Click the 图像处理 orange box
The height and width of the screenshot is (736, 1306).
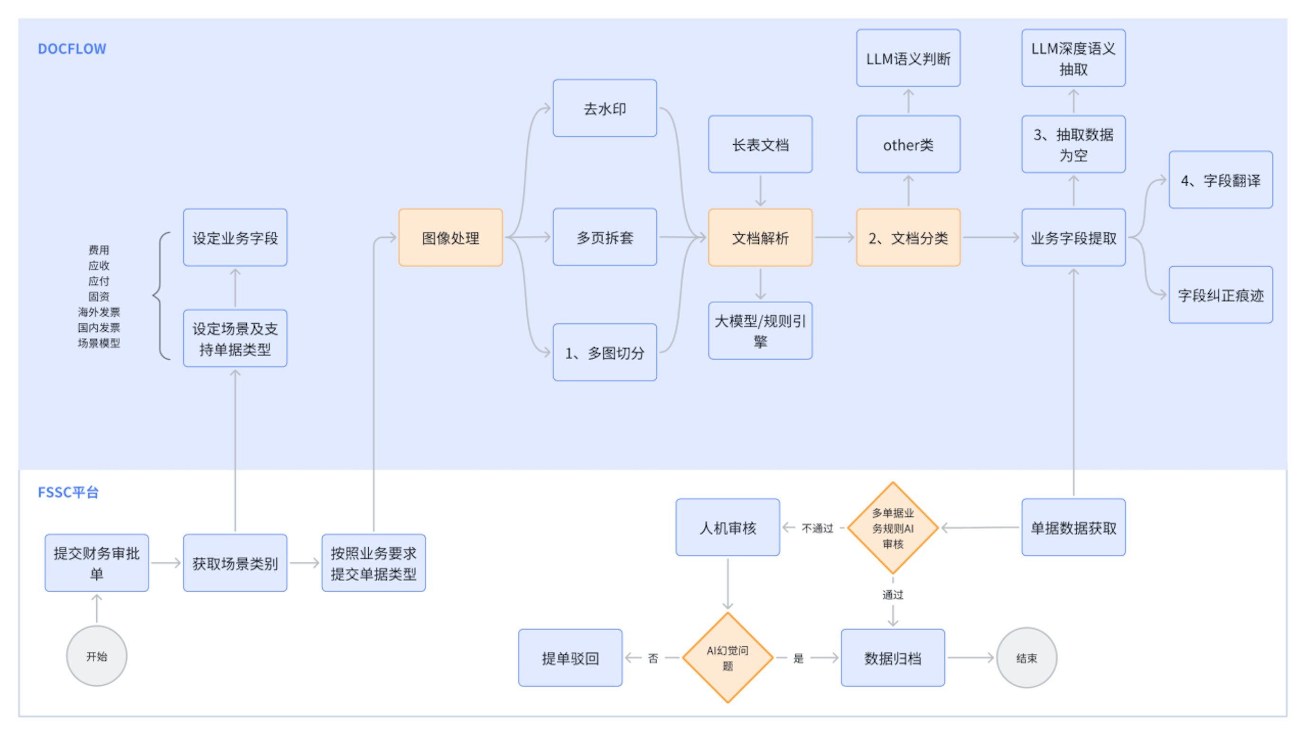point(450,237)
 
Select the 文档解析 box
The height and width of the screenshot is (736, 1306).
point(760,237)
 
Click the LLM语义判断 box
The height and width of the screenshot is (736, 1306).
point(908,58)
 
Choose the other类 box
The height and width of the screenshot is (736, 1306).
point(908,144)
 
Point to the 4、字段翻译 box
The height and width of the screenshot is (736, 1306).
point(1220,180)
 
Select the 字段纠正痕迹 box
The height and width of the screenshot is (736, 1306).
point(1220,295)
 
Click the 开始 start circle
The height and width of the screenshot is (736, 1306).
point(96,656)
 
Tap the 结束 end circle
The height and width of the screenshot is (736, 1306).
point(1026,658)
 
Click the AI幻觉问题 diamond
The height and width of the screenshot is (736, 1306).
point(728,658)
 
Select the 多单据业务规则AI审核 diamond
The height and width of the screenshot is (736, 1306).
point(893,528)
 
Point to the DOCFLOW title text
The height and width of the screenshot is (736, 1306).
point(72,49)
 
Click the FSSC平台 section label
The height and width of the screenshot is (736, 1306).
point(68,492)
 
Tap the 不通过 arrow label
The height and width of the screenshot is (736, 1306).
point(817,528)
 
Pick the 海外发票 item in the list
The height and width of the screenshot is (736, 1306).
point(99,312)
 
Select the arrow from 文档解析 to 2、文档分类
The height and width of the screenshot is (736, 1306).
point(834,237)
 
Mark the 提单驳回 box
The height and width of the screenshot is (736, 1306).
point(570,658)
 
